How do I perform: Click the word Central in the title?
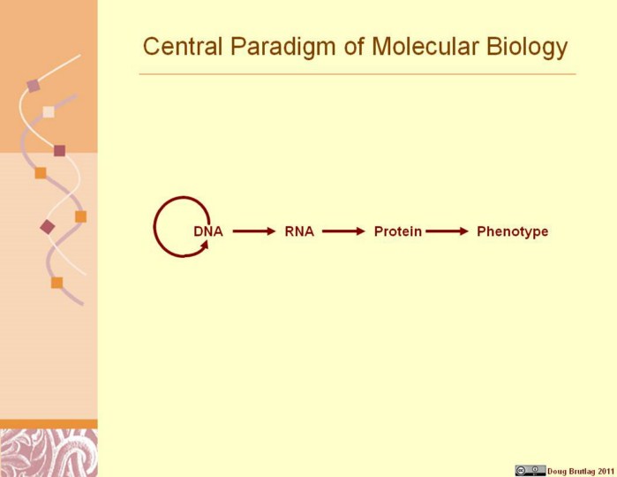[x=183, y=46]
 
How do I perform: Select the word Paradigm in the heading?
[x=283, y=48]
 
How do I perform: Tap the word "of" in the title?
[x=354, y=46]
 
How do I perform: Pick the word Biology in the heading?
[x=527, y=48]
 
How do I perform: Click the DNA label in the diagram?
[x=208, y=231]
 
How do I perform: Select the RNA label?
[x=299, y=231]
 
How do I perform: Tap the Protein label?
[x=398, y=231]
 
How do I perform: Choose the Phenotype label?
[x=512, y=231]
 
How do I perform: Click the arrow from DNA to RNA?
[x=254, y=231]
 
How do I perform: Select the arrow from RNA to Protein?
[x=343, y=231]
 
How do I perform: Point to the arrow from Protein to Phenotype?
[x=447, y=231]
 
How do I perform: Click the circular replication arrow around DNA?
[x=154, y=227]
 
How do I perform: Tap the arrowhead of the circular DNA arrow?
[x=205, y=245]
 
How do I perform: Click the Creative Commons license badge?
[x=530, y=470]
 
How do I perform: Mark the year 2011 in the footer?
[x=606, y=471]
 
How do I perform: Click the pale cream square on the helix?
[x=49, y=112]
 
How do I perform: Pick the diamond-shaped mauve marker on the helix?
[x=48, y=227]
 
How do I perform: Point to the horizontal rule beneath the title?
[x=357, y=73]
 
